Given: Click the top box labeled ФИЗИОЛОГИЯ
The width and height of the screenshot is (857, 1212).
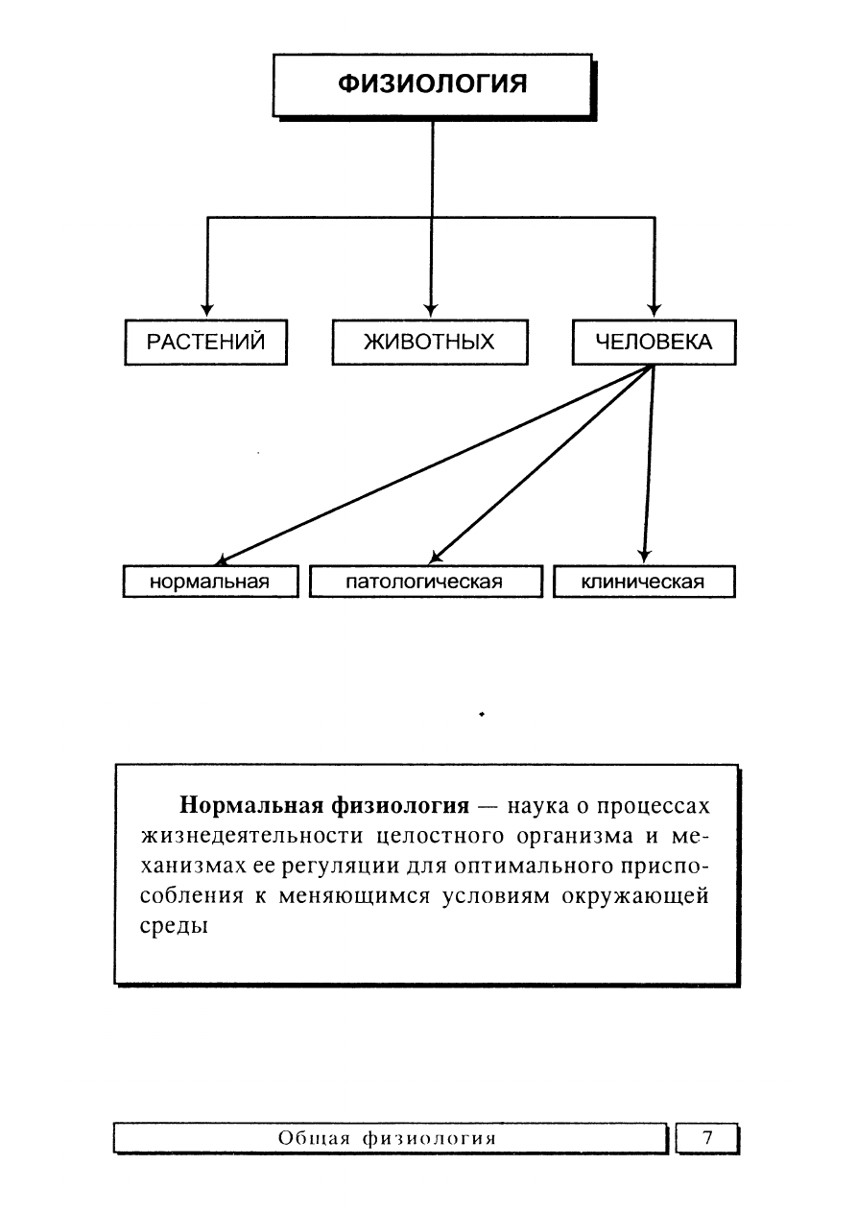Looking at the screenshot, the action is (432, 85).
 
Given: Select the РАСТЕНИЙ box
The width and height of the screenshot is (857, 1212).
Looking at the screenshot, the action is (205, 342).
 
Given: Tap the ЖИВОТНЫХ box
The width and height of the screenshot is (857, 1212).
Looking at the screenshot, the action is (430, 342).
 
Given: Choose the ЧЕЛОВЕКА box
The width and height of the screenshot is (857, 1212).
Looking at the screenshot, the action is (655, 342).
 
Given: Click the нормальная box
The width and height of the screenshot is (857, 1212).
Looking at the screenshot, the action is (210, 582).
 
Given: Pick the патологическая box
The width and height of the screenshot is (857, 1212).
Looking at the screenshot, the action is (426, 582).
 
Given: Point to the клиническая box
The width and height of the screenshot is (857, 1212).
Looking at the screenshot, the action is (644, 582).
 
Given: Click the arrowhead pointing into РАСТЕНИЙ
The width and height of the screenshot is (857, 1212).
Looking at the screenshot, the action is (207, 310).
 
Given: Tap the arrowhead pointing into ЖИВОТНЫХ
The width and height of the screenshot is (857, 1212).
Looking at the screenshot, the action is (431, 310).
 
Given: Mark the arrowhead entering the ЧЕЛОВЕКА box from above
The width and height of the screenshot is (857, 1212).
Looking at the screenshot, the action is (655, 310).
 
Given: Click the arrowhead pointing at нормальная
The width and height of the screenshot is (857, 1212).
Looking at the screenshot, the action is (222, 559).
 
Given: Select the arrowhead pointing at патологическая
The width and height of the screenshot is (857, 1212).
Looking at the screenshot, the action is (436, 558).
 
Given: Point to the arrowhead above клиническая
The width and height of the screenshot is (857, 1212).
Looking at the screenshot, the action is (644, 557).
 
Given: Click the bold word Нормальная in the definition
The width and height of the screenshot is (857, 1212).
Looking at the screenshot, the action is (251, 806).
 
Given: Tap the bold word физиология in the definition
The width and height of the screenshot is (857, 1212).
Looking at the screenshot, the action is (400, 807).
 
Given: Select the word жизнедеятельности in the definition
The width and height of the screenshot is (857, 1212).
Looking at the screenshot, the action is (251, 836).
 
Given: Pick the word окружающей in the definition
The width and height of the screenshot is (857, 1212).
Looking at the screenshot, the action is (635, 896).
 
